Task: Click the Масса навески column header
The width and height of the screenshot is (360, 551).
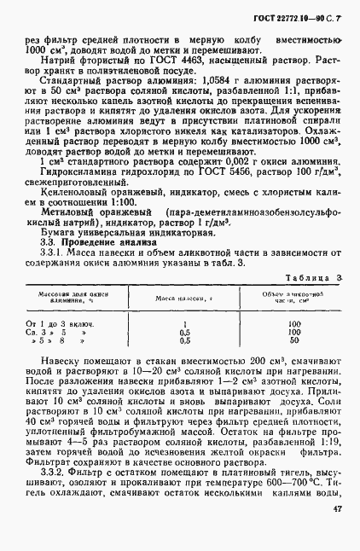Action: click(x=182, y=298)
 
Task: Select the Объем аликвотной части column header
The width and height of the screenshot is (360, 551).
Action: click(x=294, y=298)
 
